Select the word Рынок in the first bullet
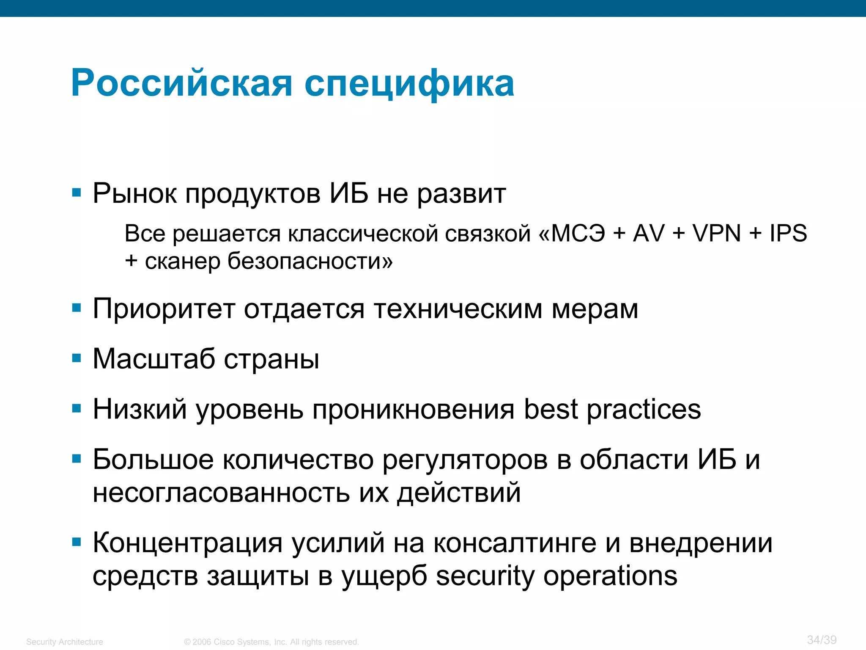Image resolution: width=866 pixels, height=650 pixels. [x=134, y=194]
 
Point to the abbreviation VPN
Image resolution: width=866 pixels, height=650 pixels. [x=716, y=233]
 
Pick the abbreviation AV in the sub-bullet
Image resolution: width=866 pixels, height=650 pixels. [x=648, y=233]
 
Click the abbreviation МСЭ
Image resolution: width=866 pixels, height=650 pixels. [x=578, y=233]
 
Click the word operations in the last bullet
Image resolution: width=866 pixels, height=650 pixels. [x=610, y=576]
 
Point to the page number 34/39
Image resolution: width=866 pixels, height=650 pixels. [x=822, y=640]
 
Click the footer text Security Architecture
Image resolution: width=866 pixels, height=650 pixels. [x=64, y=642]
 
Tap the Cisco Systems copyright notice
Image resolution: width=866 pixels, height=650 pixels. [x=271, y=642]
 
